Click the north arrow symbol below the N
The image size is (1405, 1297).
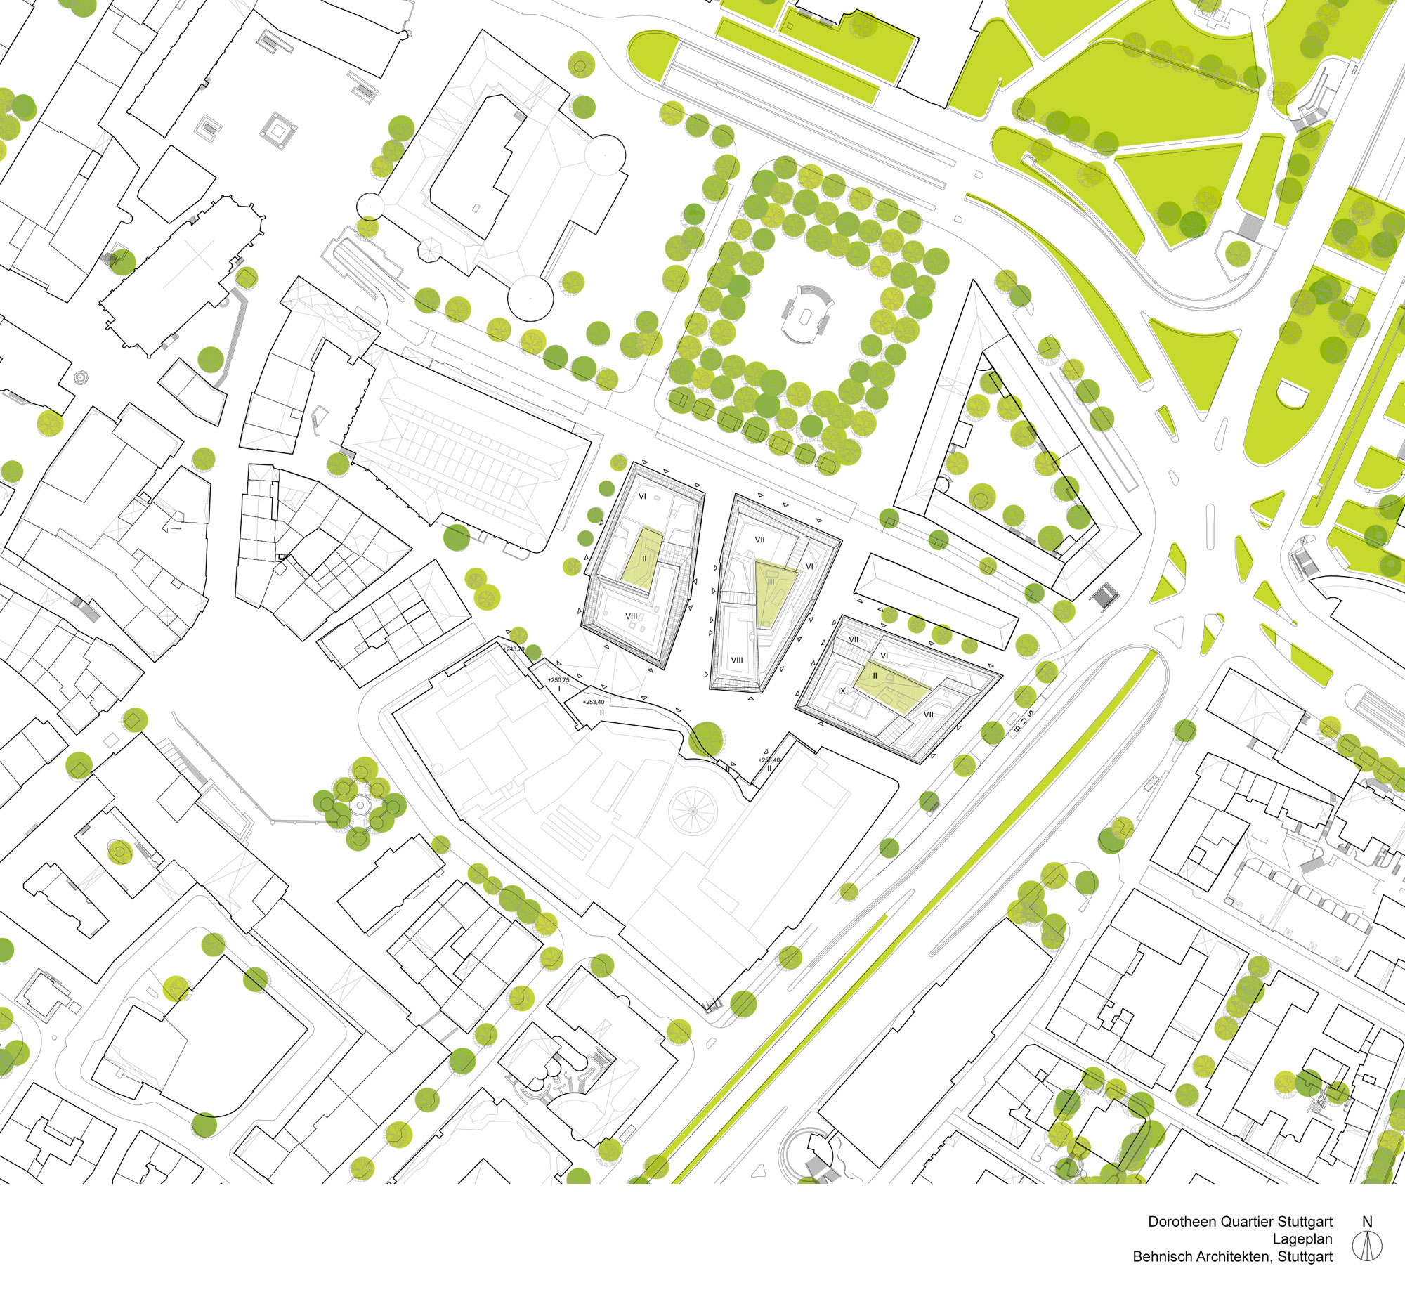(x=1366, y=1246)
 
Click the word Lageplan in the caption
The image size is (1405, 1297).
(x=1302, y=1239)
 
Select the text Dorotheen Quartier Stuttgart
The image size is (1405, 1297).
(x=1240, y=1222)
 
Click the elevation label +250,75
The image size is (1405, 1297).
(x=558, y=680)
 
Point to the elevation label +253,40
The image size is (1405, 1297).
(x=594, y=702)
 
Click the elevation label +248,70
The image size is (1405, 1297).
(x=514, y=649)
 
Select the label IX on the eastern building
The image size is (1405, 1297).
(x=842, y=691)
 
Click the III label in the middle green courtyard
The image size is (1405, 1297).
(x=771, y=582)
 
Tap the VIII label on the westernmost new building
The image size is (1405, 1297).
(x=632, y=616)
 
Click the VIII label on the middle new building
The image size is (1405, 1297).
(x=737, y=660)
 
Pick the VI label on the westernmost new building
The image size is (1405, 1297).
(x=642, y=497)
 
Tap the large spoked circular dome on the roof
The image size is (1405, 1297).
(x=693, y=811)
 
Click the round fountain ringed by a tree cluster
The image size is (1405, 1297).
(x=360, y=805)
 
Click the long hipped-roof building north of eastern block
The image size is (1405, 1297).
(x=936, y=601)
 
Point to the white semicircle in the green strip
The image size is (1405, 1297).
(x=1293, y=395)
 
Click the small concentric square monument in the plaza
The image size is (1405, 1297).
(x=278, y=130)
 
